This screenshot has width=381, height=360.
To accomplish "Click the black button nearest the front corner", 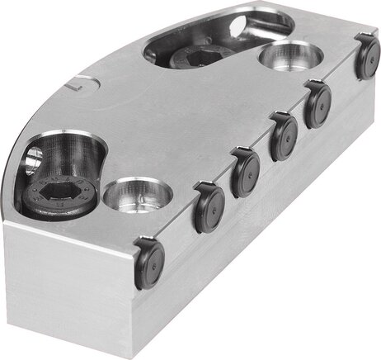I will pos(148,263).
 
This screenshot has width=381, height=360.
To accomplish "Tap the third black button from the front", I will pos(245,171).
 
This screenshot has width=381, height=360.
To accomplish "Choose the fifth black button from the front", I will pos(317,105).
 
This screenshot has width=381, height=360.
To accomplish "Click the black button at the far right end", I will pos(367,58).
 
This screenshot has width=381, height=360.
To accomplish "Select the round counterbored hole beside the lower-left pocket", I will pos(134,196).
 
